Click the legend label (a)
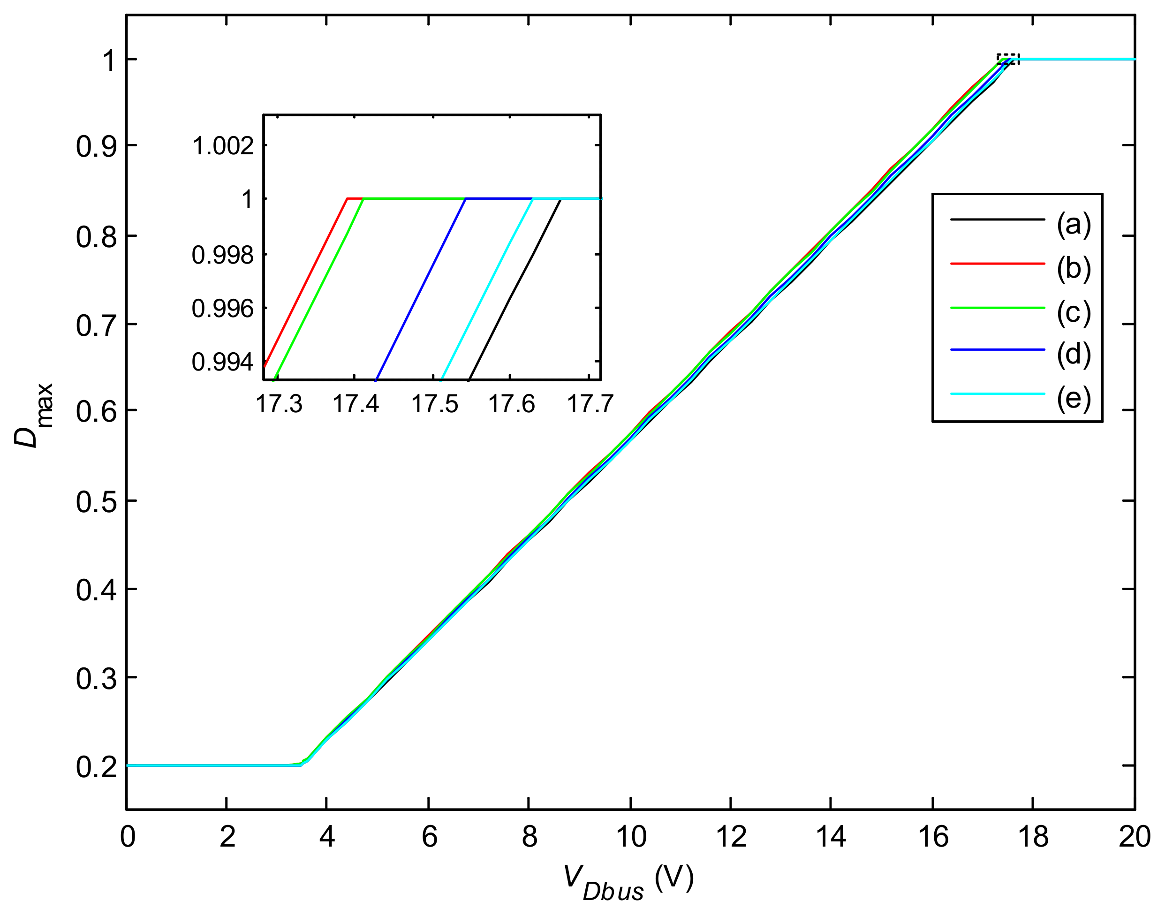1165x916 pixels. click(x=1074, y=224)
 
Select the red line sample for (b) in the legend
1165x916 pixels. click(x=997, y=263)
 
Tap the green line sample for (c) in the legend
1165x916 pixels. click(x=997, y=308)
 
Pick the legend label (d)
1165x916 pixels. click(x=1074, y=355)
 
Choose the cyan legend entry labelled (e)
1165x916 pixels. click(x=997, y=394)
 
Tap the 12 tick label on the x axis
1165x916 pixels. click(x=731, y=837)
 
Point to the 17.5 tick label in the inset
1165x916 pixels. click(x=435, y=404)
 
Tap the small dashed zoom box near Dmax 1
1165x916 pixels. click(x=1007, y=60)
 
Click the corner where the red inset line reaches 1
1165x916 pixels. click(x=348, y=199)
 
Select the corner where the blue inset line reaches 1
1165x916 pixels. click(x=465, y=199)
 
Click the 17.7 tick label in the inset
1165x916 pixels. click(x=590, y=404)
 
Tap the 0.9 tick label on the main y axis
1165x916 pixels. click(x=94, y=147)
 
